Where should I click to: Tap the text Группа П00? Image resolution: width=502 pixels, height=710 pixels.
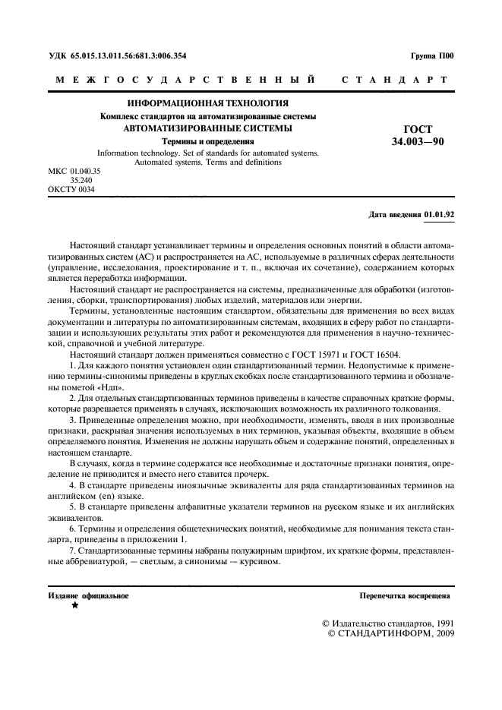click(x=431, y=56)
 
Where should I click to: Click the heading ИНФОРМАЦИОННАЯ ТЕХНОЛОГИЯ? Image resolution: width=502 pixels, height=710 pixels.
click(x=207, y=104)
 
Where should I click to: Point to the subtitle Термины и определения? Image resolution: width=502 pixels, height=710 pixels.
click(x=207, y=140)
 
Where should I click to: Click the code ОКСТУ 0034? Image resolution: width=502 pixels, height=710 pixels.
click(x=71, y=190)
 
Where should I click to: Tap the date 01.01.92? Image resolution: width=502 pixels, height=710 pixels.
click(x=439, y=215)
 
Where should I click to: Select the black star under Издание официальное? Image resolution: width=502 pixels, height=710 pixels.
click(x=74, y=606)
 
